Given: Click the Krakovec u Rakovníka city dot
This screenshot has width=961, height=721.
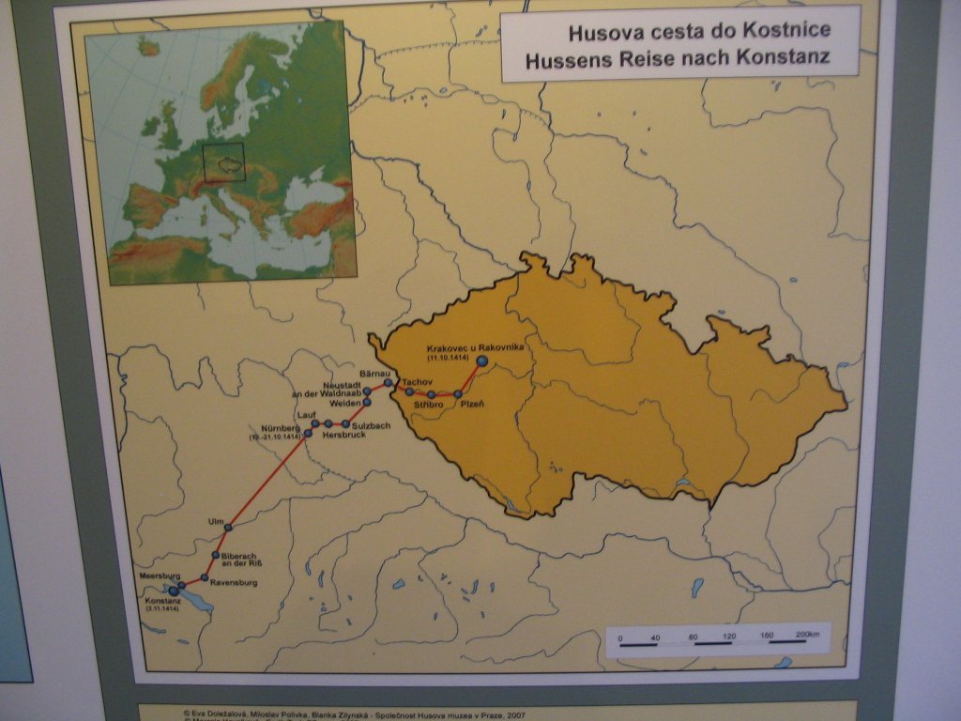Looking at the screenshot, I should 482,360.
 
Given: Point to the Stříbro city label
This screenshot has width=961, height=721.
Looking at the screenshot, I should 428,405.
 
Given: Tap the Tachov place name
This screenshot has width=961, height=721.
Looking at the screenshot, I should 417,382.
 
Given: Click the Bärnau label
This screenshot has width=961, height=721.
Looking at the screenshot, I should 374,373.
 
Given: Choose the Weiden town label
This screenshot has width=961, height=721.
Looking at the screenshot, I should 345,404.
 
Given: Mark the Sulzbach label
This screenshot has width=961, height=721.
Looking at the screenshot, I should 371,425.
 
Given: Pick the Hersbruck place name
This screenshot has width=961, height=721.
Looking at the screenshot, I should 343,436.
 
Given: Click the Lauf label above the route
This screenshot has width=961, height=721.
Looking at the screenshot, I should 304,414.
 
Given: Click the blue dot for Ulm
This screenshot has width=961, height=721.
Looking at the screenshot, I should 228,529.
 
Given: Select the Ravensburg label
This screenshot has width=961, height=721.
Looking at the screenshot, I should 234,583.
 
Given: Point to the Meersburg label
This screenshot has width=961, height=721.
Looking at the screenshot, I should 159,575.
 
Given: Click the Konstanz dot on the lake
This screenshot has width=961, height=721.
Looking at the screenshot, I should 174,591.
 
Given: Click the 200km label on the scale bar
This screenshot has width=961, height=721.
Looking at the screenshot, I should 806,636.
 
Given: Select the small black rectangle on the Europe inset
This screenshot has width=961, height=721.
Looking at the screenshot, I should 224,161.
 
